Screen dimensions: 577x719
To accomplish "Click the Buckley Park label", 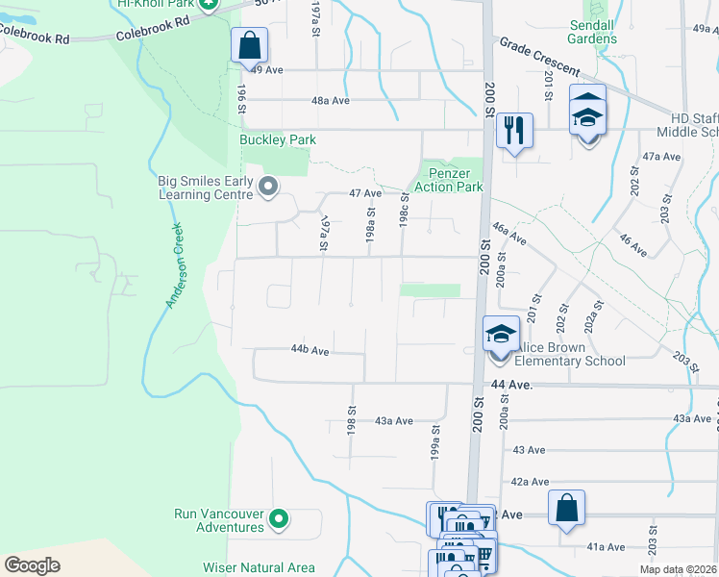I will point(278,139).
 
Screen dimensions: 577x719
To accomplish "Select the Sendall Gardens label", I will point(592,31).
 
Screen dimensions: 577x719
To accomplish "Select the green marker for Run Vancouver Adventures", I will point(279,519).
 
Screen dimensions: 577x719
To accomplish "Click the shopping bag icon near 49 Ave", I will point(249,44).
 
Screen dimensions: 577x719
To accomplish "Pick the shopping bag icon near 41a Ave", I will point(567,507).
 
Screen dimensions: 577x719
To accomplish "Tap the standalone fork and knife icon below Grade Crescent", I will point(514,129).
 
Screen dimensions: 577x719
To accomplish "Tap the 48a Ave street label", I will point(328,100).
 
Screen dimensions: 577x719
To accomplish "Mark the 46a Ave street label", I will point(508,233).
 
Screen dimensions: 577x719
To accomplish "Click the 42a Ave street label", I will point(530,482).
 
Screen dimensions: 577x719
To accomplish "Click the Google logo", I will point(33,564).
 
